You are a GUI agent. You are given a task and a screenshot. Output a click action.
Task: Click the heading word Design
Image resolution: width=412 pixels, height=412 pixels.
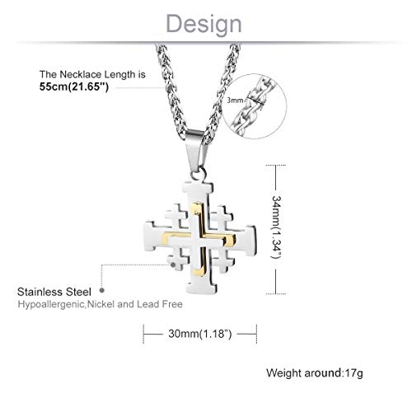click(206, 21)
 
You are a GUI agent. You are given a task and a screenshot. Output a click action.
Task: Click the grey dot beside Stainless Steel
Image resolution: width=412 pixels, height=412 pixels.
click(101, 290)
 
